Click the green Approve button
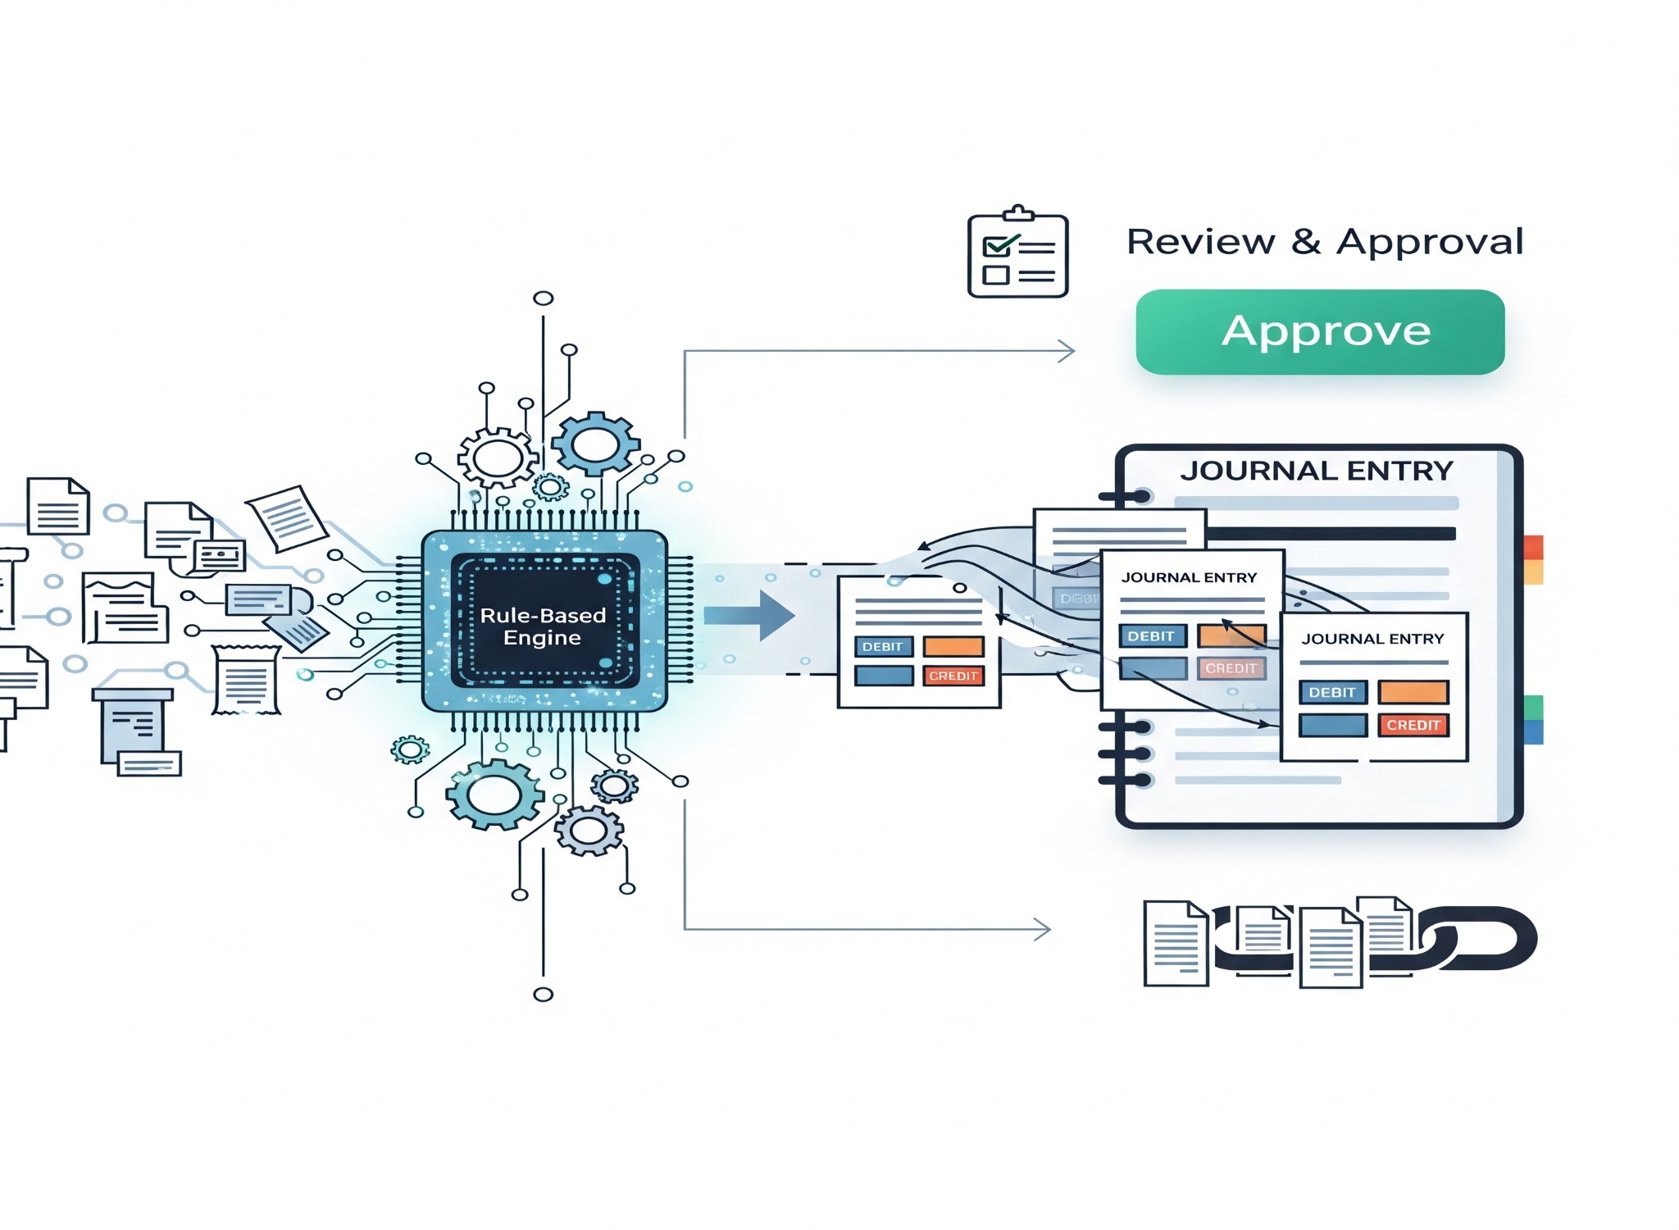tap(1320, 332)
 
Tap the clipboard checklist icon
tap(1017, 253)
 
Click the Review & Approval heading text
tap(1325, 242)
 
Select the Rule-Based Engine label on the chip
tap(543, 626)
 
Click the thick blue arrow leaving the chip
tap(749, 615)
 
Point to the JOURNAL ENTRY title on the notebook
tap(1316, 471)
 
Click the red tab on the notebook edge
tap(1533, 547)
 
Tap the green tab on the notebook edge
tap(1533, 707)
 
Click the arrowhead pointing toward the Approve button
tap(1067, 352)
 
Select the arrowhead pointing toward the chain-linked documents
tap(1043, 929)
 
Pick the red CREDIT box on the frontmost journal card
tap(1413, 726)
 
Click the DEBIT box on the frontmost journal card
tap(1332, 693)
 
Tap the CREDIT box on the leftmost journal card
tap(953, 676)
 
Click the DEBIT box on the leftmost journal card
tap(883, 647)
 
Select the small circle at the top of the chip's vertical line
tap(543, 298)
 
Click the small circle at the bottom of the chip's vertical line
tap(543, 995)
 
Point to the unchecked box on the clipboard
tap(995, 275)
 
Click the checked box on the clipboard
tap(996, 246)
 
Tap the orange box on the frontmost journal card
tap(1413, 693)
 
